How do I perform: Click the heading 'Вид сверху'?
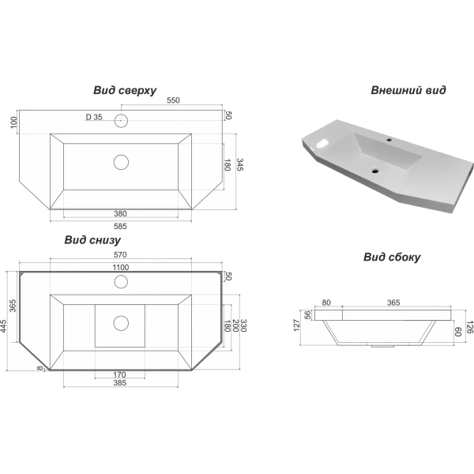coord(125,90)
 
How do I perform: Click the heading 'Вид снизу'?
coord(92,240)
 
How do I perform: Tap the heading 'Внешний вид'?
coord(408,90)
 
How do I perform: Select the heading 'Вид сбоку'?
coord(392,257)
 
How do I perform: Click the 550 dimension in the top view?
coord(173,100)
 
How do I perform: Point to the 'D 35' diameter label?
coord(94,117)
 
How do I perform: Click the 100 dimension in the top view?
coord(14,122)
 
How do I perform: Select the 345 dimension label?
coord(239,165)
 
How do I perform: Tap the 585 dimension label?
coord(120,226)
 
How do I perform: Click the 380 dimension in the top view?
coord(120,214)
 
